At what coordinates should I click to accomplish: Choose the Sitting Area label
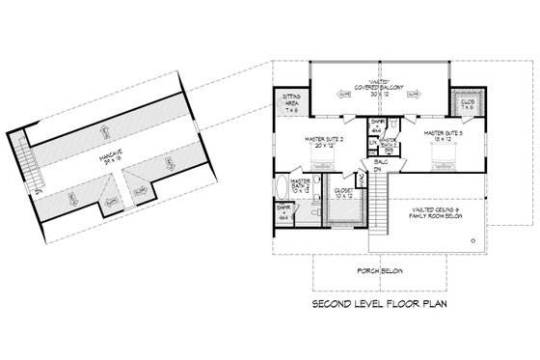click(290, 100)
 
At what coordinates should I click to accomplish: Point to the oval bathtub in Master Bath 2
click(282, 189)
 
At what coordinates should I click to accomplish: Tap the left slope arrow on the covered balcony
click(345, 94)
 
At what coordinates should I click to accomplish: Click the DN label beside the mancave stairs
click(37, 190)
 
